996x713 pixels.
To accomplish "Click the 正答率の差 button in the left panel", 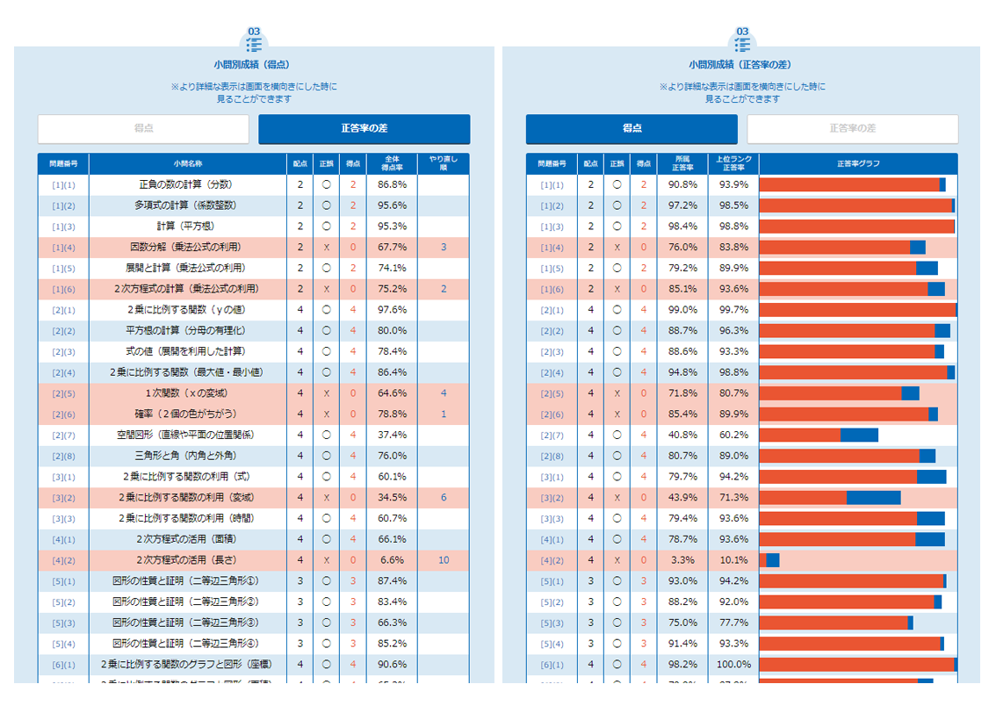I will coord(364,129).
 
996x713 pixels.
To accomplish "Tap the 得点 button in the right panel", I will coord(632,129).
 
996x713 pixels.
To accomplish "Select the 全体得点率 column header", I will coord(392,163).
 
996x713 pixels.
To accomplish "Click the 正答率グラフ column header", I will coord(858,163).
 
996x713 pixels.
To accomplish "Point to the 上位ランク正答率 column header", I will coord(733,163).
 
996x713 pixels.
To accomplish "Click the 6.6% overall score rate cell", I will coord(392,560).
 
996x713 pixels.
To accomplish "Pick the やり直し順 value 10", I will coord(444,560).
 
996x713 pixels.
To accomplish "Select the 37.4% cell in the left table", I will coord(392,435).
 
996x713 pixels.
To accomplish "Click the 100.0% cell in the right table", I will coord(733,665).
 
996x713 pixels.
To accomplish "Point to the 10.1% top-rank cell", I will coord(733,560).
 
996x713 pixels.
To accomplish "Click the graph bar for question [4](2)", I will coord(769,560).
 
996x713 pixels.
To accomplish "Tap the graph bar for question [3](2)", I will coord(830,498).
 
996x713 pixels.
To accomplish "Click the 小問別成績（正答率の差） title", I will coord(742,65).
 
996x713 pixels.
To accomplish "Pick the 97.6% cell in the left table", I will coord(392,310).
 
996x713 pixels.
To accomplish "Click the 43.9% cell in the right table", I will coord(682,498).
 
